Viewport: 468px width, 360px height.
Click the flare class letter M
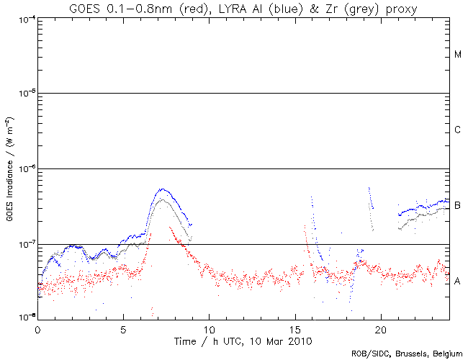click(x=458, y=55)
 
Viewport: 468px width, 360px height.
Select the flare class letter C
click(x=458, y=130)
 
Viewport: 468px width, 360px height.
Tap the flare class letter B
click(x=458, y=206)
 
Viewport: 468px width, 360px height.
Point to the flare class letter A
click(x=458, y=281)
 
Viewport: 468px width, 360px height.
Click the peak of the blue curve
click(x=163, y=189)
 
